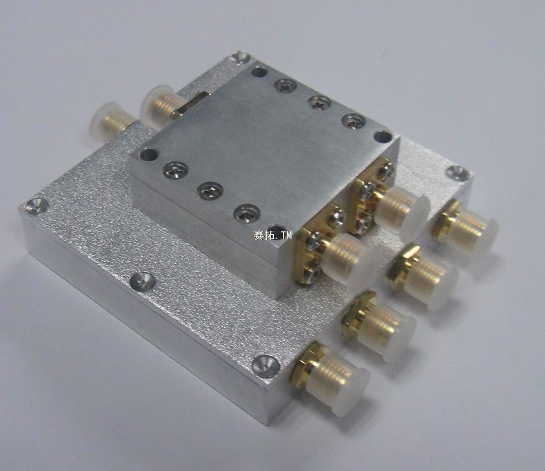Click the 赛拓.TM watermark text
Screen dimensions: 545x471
point(273,235)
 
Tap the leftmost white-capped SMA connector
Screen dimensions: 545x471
point(109,120)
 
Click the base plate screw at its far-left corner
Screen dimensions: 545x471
point(35,205)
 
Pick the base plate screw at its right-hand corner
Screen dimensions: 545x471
point(457,172)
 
